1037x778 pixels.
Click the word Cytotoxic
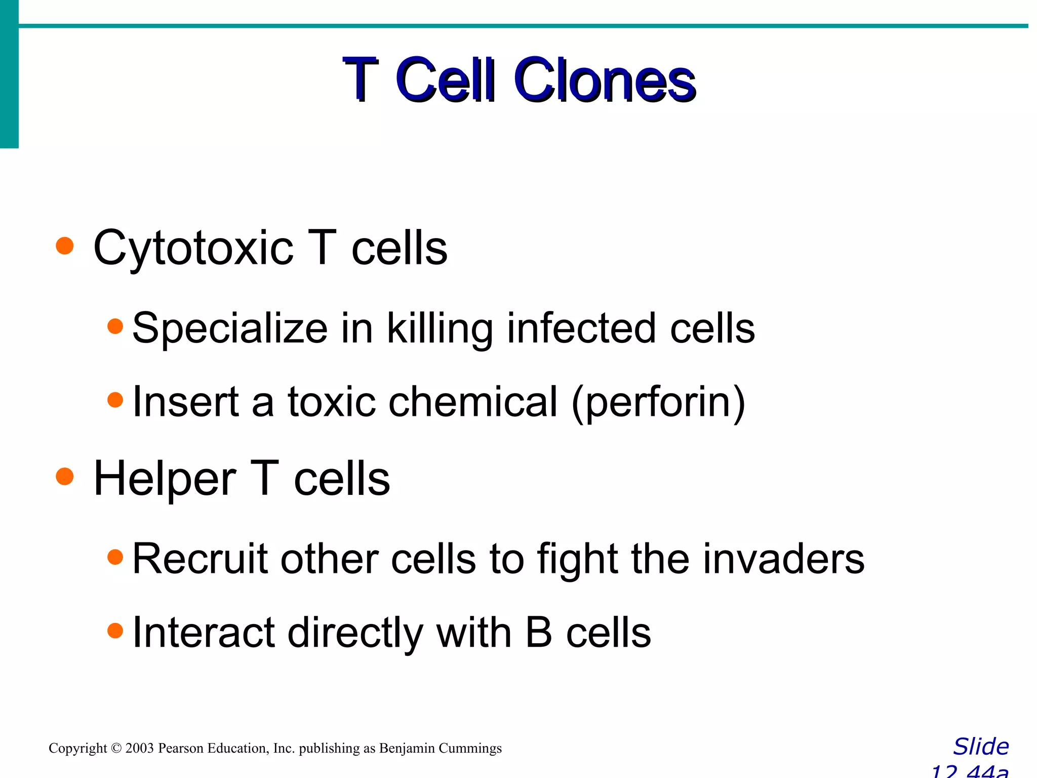pos(193,248)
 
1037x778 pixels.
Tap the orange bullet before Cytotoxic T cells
pos(65,246)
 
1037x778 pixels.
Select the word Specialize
pos(230,328)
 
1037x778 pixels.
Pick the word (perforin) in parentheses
pos(658,402)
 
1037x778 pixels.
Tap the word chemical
pos(473,402)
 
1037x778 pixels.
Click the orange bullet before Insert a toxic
pos(115,400)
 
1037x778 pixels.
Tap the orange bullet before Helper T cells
pos(65,477)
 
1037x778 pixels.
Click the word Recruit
pos(200,559)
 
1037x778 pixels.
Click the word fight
pos(577,559)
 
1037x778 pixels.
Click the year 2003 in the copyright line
pos(139,748)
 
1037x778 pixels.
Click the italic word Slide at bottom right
pos(981,747)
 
